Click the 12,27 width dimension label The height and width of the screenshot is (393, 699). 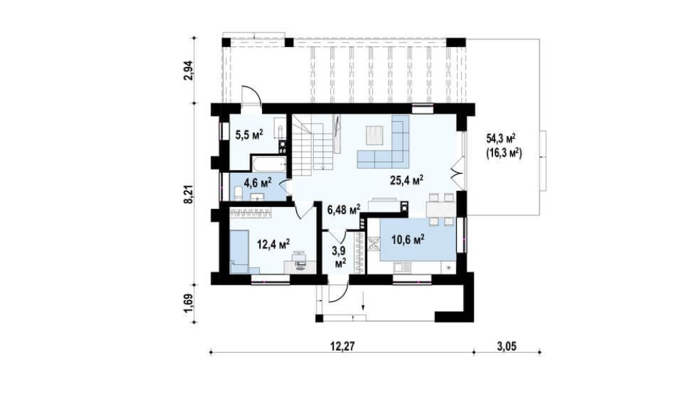[x=343, y=345]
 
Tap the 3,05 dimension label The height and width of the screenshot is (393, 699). [x=506, y=345]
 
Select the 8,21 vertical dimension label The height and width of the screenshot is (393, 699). [x=190, y=194]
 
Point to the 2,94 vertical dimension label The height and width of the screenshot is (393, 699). [x=190, y=70]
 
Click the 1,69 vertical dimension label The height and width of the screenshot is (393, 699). [x=190, y=303]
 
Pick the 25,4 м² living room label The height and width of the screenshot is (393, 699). [x=406, y=180]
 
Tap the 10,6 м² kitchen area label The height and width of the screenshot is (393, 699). [x=408, y=239]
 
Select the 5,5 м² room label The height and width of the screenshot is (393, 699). [x=249, y=135]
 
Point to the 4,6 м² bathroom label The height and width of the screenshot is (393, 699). [x=258, y=182]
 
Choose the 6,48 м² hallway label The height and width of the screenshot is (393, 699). [x=344, y=209]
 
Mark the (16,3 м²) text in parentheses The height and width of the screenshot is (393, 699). [x=503, y=153]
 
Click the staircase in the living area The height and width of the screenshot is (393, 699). [x=313, y=145]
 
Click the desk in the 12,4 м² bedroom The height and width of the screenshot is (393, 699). [x=300, y=266]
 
